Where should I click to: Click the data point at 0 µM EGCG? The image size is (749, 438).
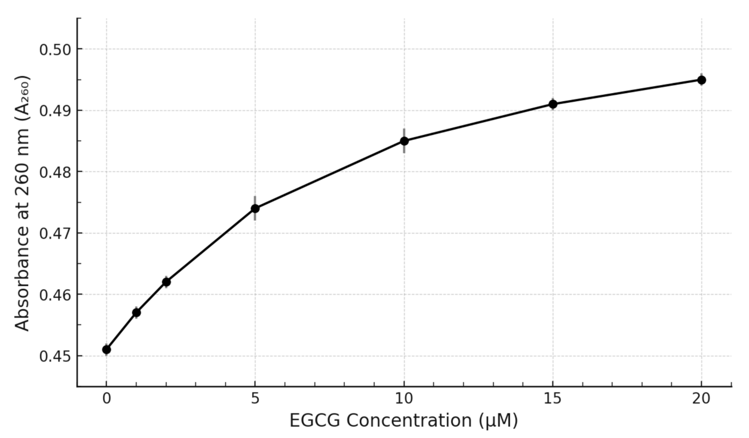(x=106, y=350)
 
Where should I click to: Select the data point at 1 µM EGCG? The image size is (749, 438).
(x=136, y=313)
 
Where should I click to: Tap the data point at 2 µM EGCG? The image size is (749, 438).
(x=167, y=282)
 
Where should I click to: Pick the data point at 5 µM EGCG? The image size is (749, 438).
(x=255, y=208)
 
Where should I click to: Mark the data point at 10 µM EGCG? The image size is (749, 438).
(x=404, y=141)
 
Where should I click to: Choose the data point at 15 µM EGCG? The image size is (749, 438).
(x=553, y=104)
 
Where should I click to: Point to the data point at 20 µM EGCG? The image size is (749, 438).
(x=702, y=80)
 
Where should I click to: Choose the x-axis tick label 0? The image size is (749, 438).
(x=106, y=399)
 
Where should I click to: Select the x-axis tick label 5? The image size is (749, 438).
(x=255, y=399)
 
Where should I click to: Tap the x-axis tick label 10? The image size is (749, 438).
(x=404, y=399)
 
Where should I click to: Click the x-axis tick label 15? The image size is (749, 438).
(x=553, y=399)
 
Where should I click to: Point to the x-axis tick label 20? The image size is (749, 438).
(x=702, y=399)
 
